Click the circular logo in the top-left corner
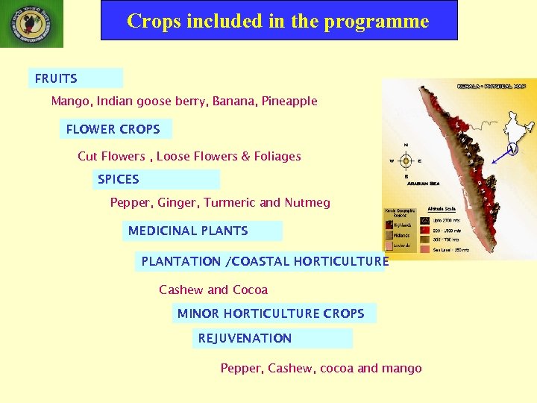[x=31, y=24]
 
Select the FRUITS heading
[x=56, y=78]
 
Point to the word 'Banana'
[x=235, y=101]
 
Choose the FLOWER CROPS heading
[x=113, y=129]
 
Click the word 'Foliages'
[x=277, y=156]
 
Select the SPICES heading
[x=119, y=179]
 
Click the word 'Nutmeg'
[x=307, y=202]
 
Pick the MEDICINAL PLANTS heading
[x=188, y=231]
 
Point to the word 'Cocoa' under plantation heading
[x=250, y=290]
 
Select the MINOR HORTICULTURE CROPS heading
[x=271, y=313]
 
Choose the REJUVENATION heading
[x=245, y=338]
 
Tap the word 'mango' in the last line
[x=402, y=368]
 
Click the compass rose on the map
[x=406, y=160]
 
